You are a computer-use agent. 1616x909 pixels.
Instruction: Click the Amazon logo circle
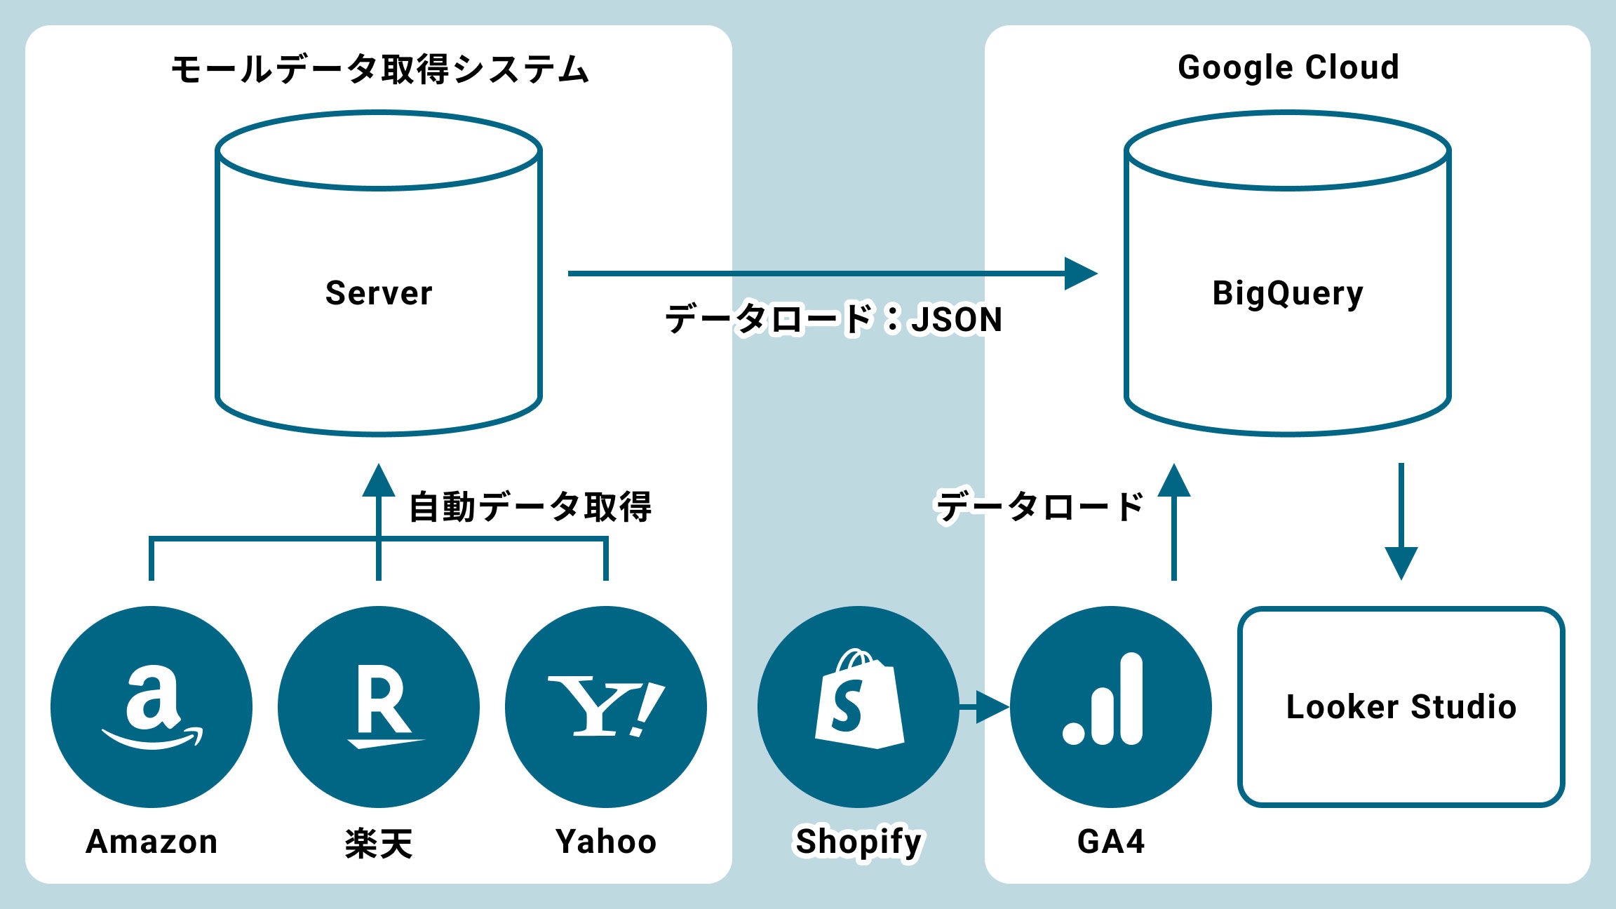(x=151, y=706)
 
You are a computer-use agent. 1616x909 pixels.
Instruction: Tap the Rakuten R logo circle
(x=379, y=706)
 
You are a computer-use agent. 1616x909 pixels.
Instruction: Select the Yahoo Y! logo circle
(x=606, y=706)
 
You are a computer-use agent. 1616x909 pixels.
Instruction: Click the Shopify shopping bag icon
(x=858, y=701)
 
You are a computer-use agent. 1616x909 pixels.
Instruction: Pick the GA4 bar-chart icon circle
(x=1111, y=706)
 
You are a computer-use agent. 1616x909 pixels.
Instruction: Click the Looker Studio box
(x=1401, y=706)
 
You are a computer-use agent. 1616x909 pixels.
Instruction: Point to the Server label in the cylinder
(x=379, y=293)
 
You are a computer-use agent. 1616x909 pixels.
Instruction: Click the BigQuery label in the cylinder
(x=1288, y=293)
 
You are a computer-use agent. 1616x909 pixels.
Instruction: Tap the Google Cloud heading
(x=1288, y=67)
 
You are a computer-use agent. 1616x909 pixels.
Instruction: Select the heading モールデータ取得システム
(x=379, y=69)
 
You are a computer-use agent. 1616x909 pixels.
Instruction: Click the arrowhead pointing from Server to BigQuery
(x=1080, y=274)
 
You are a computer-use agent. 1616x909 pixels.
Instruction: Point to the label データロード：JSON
(x=833, y=319)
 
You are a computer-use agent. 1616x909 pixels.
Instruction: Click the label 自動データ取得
(x=530, y=506)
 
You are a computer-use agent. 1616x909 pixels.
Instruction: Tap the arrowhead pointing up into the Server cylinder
(x=379, y=481)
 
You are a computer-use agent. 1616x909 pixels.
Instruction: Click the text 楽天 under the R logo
(x=379, y=842)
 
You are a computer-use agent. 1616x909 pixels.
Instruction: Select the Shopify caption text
(x=858, y=842)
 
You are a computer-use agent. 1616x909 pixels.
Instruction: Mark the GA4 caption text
(x=1111, y=842)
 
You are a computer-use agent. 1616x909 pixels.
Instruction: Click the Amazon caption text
(x=151, y=842)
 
